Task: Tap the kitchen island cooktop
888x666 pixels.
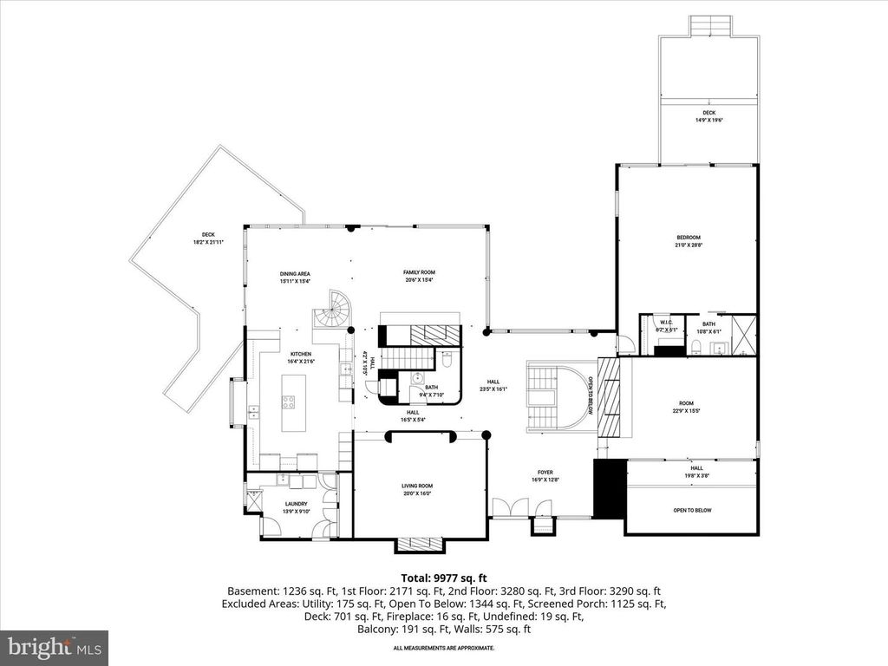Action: click(289, 402)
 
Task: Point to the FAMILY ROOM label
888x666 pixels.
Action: click(419, 272)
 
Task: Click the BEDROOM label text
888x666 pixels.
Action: click(689, 238)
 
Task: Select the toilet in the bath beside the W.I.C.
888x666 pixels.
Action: click(696, 349)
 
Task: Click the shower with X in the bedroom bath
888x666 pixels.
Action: click(743, 333)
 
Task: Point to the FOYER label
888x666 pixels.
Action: click(545, 473)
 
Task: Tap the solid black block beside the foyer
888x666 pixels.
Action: click(608, 488)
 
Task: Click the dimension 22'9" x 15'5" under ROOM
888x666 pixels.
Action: click(687, 410)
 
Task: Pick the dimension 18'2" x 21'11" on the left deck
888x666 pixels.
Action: click(208, 242)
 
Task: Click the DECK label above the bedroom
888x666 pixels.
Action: click(709, 113)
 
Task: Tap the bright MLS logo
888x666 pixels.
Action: click(54, 646)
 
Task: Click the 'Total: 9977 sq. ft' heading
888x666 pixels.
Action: click(443, 577)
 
